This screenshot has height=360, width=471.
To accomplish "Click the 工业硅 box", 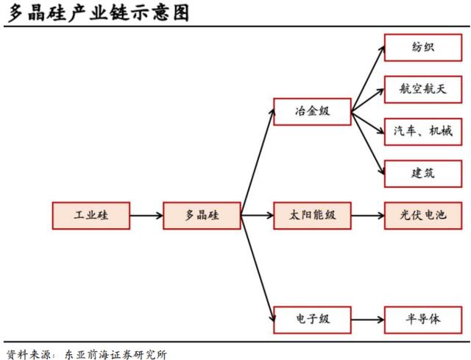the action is pos(91,216).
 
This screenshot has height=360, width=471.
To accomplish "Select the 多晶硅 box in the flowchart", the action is pos(202,216).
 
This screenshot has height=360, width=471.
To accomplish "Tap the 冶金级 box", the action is pos(312,111).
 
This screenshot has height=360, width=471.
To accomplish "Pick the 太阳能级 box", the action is pos(312,216).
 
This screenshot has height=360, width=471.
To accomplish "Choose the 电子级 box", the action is pos(312,320).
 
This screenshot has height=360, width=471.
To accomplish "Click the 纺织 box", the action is pos(423,47).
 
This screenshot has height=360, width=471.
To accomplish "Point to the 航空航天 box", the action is pos(423,90).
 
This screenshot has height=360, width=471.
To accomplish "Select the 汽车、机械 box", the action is pos(423,132).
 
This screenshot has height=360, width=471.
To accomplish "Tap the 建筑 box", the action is pos(423,174).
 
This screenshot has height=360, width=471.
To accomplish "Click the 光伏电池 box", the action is pos(423,216).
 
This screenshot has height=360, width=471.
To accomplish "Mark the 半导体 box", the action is pos(423,320).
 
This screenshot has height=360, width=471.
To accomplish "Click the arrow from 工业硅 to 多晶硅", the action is pos(146,216).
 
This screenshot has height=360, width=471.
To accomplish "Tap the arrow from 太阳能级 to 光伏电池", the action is pos(368,216).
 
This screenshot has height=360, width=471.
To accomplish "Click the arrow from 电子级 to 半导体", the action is pos(368,320).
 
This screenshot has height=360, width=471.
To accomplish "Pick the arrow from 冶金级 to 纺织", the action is pos(368,79).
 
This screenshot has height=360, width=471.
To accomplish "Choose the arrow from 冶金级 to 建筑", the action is pos(368,144).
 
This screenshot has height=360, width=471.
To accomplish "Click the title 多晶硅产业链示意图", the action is pos(98,13).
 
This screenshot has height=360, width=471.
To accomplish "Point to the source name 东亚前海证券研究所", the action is pos(116,355).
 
